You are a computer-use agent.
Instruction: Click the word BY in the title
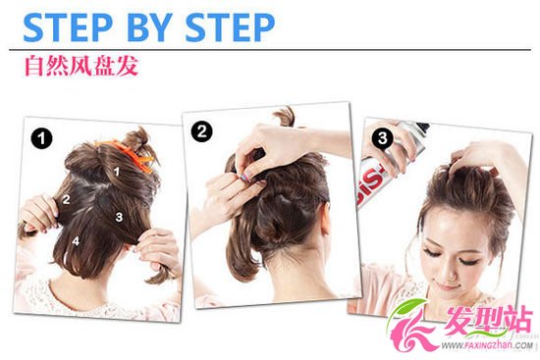pyautogui.click(x=150, y=27)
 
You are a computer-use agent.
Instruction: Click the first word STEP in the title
pyautogui.click(x=68, y=27)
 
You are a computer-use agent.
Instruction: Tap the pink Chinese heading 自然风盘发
pyautogui.click(x=81, y=66)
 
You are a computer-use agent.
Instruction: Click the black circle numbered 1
pyautogui.click(x=41, y=138)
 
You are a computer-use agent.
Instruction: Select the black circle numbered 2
pyautogui.click(x=202, y=131)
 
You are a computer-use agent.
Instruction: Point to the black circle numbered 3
pyautogui.click(x=382, y=138)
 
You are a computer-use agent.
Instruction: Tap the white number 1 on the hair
pyautogui.click(x=117, y=171)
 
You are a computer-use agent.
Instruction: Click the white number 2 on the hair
pyautogui.click(x=66, y=199)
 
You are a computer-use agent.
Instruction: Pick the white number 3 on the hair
pyautogui.click(x=119, y=217)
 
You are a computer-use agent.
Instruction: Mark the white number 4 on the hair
pyautogui.click(x=76, y=241)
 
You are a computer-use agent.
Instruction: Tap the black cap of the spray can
pyautogui.click(x=423, y=127)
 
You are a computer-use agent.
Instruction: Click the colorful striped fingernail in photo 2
pyautogui.click(x=245, y=178)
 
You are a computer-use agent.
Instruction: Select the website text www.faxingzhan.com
pyautogui.click(x=486, y=345)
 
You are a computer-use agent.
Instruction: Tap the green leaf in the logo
pyautogui.click(x=408, y=308)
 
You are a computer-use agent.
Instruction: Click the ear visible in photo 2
pyautogui.click(x=324, y=221)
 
